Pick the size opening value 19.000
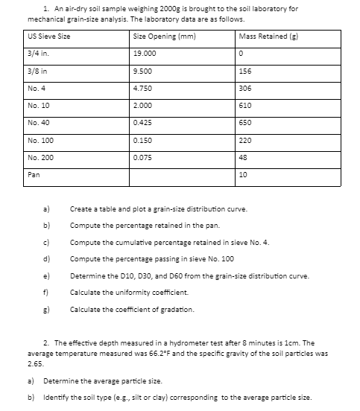144,54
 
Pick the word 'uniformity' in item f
126,292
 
